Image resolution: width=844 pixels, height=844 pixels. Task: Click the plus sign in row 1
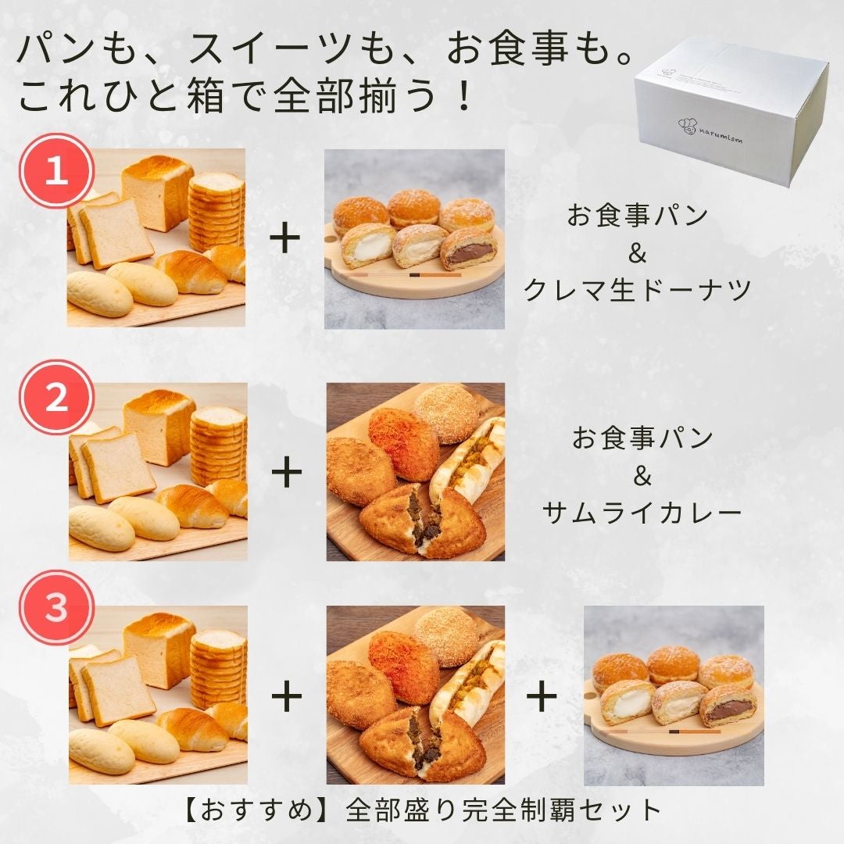pos(284,239)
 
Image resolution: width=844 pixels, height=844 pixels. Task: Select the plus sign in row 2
pos(286,472)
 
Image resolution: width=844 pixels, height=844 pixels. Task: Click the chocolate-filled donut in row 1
pos(467,249)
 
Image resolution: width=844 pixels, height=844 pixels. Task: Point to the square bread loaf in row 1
pos(157,193)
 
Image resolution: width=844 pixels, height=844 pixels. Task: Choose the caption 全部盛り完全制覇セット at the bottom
pos(504,810)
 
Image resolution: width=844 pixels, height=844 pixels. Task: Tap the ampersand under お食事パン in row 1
pos(637,253)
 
